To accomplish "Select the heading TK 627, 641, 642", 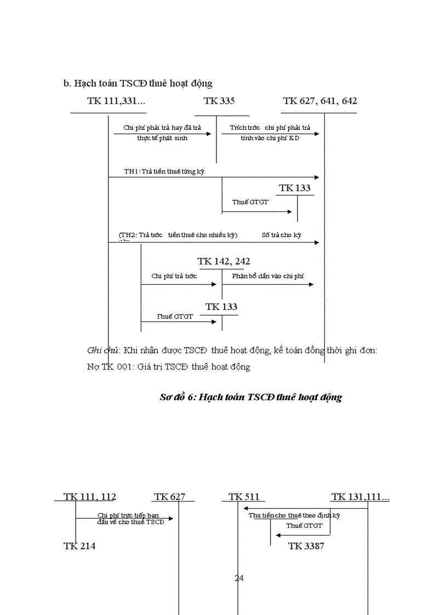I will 320,101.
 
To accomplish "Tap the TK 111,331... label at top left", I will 116,101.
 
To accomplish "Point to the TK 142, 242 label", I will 224,262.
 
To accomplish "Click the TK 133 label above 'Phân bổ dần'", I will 295,188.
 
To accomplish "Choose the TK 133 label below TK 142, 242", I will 221,307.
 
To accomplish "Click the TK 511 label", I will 244,497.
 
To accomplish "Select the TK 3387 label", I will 306,546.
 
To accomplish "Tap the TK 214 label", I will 79,546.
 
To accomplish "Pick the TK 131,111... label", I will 360,497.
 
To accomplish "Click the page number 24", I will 239,578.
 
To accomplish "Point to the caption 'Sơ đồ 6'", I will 250,398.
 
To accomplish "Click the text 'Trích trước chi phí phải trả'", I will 270,128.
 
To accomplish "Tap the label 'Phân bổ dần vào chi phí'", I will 267,277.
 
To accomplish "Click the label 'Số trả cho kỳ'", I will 282,235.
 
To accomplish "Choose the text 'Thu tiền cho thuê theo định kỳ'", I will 294,515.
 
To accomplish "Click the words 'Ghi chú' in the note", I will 104,350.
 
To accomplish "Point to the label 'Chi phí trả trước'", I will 174,277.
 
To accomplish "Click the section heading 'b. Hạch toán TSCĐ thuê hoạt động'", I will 138,83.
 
